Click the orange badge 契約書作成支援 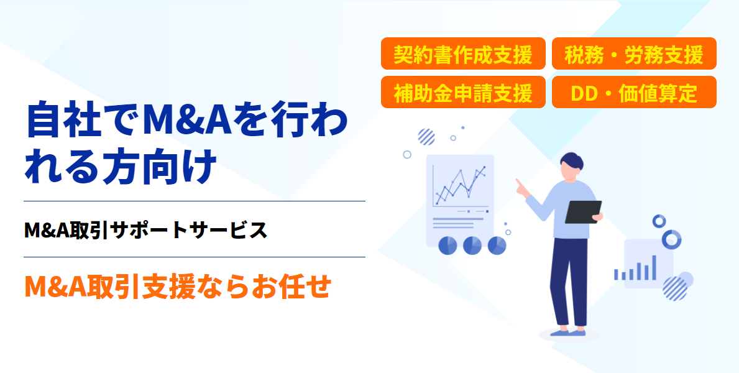click(463, 53)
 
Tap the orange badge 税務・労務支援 click(634, 53)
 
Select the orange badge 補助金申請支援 click(463, 92)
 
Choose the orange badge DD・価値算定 click(634, 92)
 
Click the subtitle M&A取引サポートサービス click(145, 230)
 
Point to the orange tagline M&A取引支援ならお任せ click(177, 286)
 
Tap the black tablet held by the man click(583, 212)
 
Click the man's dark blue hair click(572, 161)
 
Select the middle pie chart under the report click(472, 245)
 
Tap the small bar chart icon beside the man click(635, 269)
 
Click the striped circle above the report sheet click(426, 137)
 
